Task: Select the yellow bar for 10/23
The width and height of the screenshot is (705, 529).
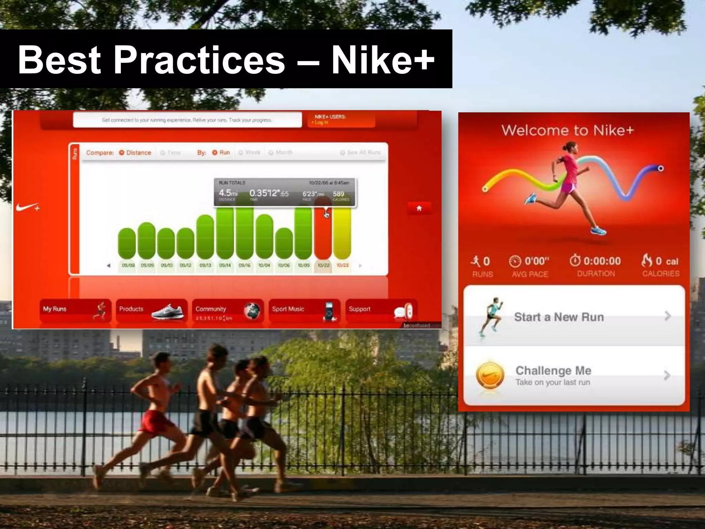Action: click(x=343, y=234)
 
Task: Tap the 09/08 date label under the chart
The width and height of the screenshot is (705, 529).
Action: click(x=128, y=266)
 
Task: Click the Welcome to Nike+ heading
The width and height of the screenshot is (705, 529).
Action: click(x=567, y=131)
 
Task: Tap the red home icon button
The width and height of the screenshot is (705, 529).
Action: click(x=419, y=208)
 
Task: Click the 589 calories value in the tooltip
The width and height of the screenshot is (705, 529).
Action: click(x=338, y=194)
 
